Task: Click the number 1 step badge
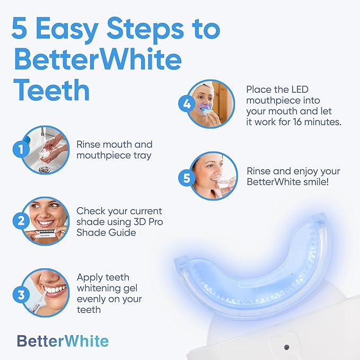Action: (x=21, y=150)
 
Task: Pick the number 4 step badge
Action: (x=187, y=104)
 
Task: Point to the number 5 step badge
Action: (x=187, y=178)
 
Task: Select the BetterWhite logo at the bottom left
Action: (x=63, y=341)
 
